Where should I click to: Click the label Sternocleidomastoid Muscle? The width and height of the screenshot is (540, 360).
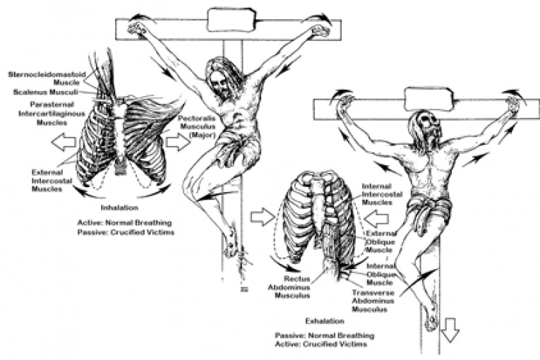click(47, 78)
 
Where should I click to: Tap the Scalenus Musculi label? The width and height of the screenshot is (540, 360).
click(45, 92)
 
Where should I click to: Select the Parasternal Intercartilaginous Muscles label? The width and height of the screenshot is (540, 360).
click(52, 114)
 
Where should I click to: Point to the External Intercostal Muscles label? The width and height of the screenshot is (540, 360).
click(52, 181)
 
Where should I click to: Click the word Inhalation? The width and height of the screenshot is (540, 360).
click(119, 208)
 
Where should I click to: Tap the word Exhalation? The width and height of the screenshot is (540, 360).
click(325, 321)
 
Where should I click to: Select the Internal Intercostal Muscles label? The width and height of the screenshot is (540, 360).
click(382, 194)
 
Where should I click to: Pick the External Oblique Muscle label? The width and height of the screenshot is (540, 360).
click(380, 241)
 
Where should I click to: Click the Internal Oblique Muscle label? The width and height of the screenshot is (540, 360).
click(380, 274)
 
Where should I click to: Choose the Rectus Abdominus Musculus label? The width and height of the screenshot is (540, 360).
click(289, 287)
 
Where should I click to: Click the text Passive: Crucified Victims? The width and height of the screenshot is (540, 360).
click(126, 232)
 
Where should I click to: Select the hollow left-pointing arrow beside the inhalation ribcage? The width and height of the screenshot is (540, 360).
click(64, 142)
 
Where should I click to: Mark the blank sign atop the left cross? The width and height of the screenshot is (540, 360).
click(232, 20)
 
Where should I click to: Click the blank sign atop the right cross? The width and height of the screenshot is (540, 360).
click(429, 100)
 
